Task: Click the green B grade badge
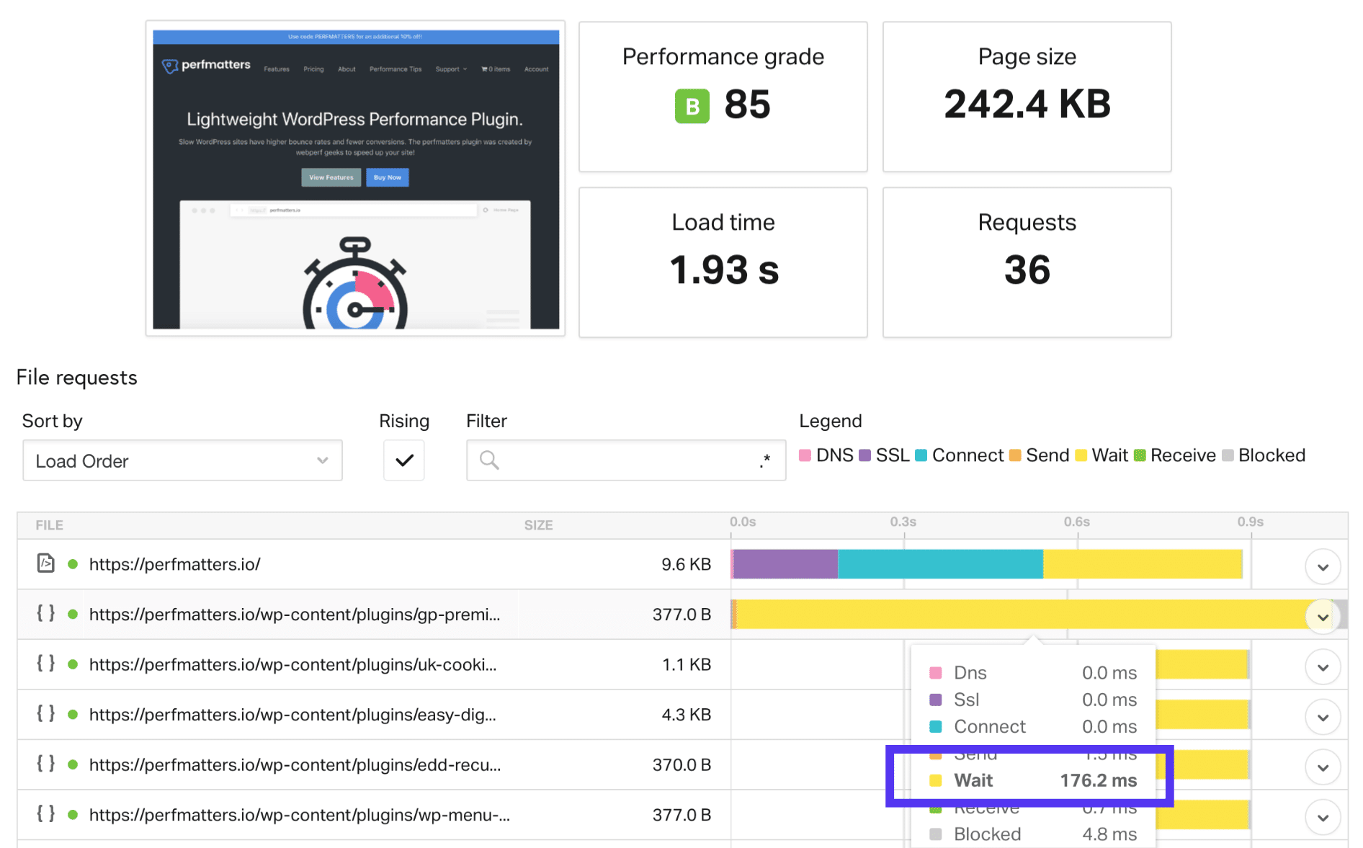692,107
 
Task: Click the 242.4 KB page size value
1027,104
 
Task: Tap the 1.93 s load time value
723,270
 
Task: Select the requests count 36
1027,270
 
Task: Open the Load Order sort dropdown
182,460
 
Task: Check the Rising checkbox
404,460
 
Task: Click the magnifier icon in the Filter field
489,460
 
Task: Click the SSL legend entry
885,455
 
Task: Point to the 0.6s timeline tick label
1076,522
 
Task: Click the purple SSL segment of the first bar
785,564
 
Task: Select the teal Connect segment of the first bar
939,564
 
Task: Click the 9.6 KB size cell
686,564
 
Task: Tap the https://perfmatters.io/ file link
174,564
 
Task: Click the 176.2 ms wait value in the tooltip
1098,780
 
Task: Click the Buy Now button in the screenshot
387,177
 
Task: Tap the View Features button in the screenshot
331,177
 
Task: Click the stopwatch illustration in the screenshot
355,285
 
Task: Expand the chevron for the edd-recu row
1322,767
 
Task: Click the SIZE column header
538,525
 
